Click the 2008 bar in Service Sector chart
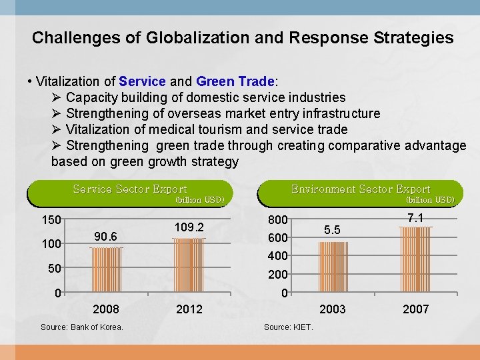click(106, 270)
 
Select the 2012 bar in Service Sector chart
click(189, 265)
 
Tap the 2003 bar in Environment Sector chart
click(333, 267)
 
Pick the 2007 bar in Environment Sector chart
click(415, 260)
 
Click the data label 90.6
click(106, 237)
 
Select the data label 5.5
click(333, 230)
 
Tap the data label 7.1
click(415, 218)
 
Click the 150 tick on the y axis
click(51, 220)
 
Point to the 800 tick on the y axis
click(278, 220)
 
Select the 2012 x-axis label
click(189, 309)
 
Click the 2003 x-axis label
click(333, 309)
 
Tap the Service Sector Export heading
click(129, 189)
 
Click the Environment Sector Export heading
click(361, 189)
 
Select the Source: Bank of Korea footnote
click(81, 327)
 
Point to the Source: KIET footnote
click(288, 327)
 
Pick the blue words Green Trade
click(235, 81)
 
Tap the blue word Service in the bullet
click(142, 81)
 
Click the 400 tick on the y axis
click(278, 256)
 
